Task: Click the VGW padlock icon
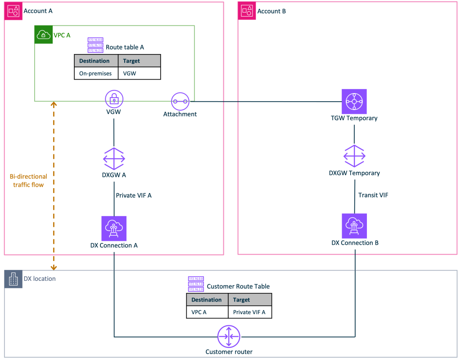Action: click(x=114, y=99)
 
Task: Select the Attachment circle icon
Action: click(x=180, y=102)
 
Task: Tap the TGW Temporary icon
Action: click(x=354, y=101)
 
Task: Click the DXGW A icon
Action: click(x=114, y=158)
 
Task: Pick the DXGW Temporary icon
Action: click(x=354, y=156)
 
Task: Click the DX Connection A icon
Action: click(x=114, y=228)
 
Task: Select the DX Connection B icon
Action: click(x=354, y=226)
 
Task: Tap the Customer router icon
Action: click(x=229, y=336)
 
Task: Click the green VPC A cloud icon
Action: click(x=43, y=35)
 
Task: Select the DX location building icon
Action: click(x=13, y=279)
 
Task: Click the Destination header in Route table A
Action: click(x=95, y=61)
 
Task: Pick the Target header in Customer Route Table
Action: click(x=242, y=300)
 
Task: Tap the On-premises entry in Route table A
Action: click(x=95, y=73)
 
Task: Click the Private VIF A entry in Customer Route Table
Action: click(x=249, y=312)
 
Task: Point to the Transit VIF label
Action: click(x=373, y=195)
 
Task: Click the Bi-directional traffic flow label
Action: click(x=28, y=180)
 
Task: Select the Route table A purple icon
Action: click(x=95, y=45)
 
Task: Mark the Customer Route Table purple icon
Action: click(x=196, y=284)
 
